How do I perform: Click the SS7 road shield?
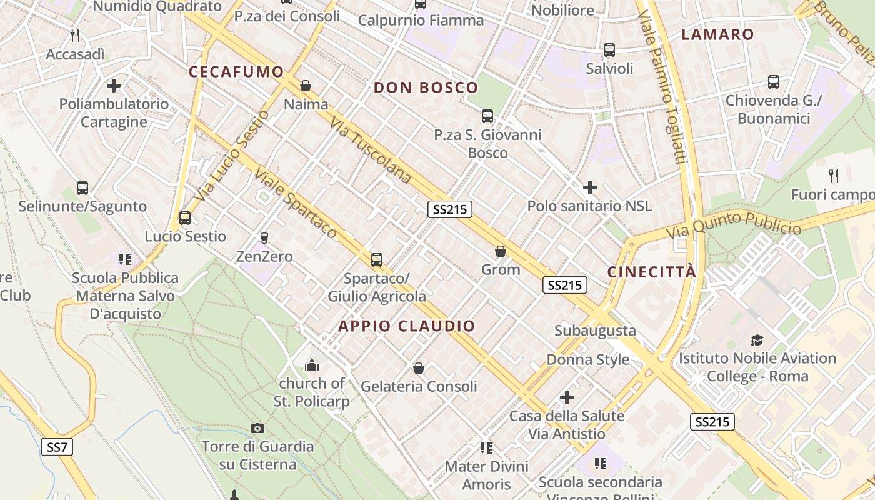tap(57, 447)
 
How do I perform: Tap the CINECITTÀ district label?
tap(652, 272)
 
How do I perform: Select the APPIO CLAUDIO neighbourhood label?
tap(407, 326)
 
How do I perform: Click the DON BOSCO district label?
tap(426, 87)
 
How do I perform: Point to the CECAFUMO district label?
tap(236, 71)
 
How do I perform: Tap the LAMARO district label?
tap(717, 34)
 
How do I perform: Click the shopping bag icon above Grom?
tap(500, 251)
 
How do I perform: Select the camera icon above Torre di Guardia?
tap(257, 428)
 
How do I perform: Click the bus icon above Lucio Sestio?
tap(185, 218)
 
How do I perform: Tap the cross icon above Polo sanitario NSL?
tap(589, 187)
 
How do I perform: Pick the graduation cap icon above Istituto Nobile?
tap(757, 340)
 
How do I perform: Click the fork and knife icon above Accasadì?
tap(75, 35)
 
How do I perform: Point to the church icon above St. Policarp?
tap(311, 365)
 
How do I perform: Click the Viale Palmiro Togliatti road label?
tap(663, 87)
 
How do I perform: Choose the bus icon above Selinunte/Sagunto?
tap(82, 187)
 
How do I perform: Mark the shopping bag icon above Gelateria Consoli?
tap(419, 368)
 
